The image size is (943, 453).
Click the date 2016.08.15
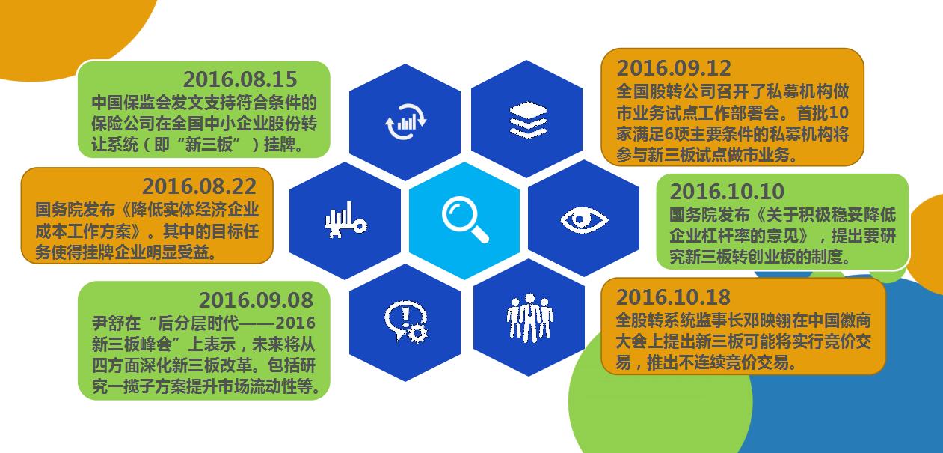coord(240,79)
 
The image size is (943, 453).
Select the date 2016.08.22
coord(199,186)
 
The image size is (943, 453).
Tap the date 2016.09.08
coord(256,300)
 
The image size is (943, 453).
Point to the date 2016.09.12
coord(674,67)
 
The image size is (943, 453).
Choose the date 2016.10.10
coord(727,192)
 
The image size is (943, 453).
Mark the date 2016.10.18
coord(674,297)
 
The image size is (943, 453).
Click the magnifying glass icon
coord(464,220)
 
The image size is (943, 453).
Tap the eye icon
coord(584,220)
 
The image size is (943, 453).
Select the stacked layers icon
coord(527,118)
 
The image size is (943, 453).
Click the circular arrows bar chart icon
coord(405,121)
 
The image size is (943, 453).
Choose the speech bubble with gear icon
coord(405,320)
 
